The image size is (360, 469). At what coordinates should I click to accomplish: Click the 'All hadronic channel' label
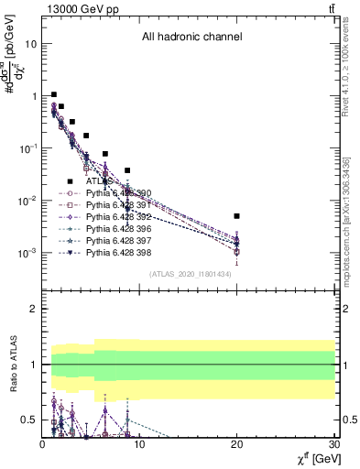pyautogui.click(x=191, y=38)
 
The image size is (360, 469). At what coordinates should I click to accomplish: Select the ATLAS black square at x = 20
pyautogui.click(x=236, y=216)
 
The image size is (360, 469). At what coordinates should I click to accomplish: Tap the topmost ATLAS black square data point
pyautogui.click(x=54, y=94)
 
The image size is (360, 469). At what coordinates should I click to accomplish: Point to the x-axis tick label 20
pyautogui.click(x=236, y=444)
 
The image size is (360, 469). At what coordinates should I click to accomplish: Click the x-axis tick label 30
pyautogui.click(x=333, y=444)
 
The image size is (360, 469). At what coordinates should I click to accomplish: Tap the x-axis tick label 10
pyautogui.click(x=139, y=444)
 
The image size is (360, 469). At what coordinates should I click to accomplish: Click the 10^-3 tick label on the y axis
pyautogui.click(x=27, y=253)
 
